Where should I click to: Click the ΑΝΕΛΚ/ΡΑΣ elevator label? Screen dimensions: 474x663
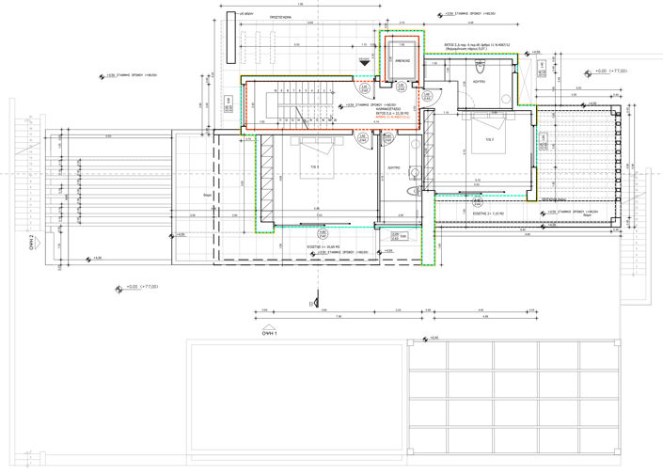[x=402, y=57]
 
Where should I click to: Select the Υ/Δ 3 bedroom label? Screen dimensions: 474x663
[x=317, y=168]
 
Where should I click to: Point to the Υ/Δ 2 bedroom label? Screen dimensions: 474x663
[x=489, y=139]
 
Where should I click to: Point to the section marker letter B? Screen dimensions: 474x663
[x=310, y=304]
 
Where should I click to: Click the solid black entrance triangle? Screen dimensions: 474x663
[x=365, y=61]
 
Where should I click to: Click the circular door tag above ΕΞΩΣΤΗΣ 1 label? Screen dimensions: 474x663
[x=322, y=232]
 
